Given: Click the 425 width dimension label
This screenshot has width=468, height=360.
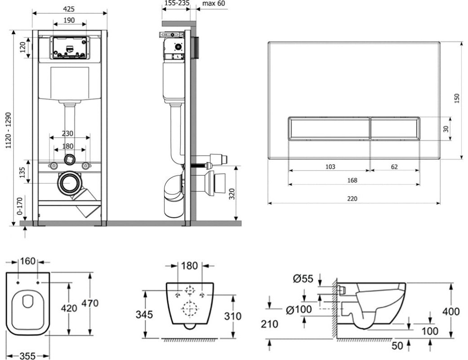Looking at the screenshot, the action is point(69,9).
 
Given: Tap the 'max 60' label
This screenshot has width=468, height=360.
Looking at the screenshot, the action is point(214,4).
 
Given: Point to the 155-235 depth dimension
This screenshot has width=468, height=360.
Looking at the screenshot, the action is point(176,3).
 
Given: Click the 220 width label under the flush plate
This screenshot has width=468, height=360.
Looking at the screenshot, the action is point(352,198).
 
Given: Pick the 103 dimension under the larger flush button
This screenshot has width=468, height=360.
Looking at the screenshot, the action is point(330,166).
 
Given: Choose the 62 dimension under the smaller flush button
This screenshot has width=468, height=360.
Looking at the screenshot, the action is point(394,166).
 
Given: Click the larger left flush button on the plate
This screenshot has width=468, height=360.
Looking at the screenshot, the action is point(329,128).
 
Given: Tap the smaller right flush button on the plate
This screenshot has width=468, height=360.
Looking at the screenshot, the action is point(395,128).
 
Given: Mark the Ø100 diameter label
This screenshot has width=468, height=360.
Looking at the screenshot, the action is point(299,310).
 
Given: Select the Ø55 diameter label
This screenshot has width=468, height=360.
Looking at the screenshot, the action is point(303,279).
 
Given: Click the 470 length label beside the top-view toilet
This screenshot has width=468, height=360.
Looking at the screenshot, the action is point(90,303).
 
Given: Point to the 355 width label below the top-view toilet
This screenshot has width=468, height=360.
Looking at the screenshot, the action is point(27,356).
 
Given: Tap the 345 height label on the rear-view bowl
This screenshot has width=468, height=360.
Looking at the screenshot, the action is point(144,315).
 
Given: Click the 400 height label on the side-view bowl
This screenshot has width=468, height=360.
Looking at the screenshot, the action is point(450,311).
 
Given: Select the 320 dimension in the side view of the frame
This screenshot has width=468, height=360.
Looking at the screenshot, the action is point(232,194).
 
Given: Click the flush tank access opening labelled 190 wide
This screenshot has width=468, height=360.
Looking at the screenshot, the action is point(70,47).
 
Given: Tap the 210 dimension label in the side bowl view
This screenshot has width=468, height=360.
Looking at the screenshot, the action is point(270,324).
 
